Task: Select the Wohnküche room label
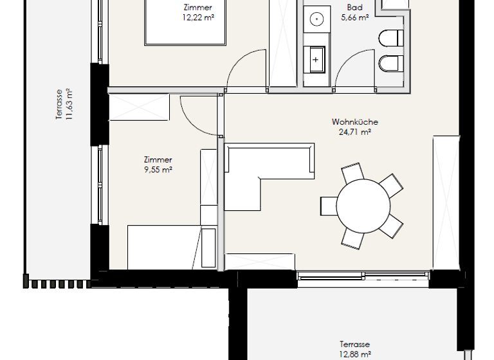pyautogui.click(x=354, y=122)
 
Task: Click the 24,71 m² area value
pyautogui.click(x=354, y=132)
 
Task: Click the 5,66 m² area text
pyautogui.click(x=354, y=19)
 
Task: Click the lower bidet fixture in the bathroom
pyautogui.click(x=390, y=63)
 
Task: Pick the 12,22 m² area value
pyautogui.click(x=198, y=19)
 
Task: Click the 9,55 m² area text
pyautogui.click(x=158, y=170)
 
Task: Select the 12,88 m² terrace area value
pyautogui.click(x=354, y=354)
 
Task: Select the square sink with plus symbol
pyautogui.click(x=316, y=59)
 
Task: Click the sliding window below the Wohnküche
pyautogui.click(x=362, y=274)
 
